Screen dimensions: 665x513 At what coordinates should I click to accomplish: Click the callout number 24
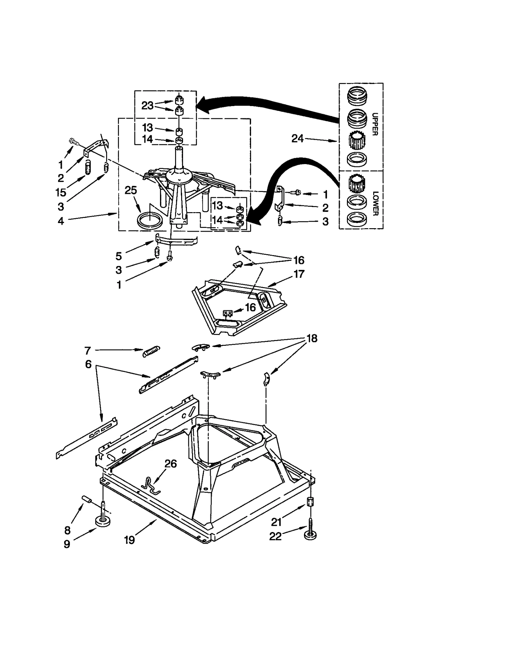coord(297,138)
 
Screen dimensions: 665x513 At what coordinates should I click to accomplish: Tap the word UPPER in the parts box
coord(375,124)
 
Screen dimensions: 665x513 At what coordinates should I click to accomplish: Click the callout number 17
coord(299,274)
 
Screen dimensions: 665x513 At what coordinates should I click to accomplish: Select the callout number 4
coord(61,221)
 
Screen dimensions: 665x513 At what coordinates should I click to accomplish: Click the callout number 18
coord(312,338)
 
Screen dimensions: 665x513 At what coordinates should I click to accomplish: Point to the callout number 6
coord(88,364)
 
